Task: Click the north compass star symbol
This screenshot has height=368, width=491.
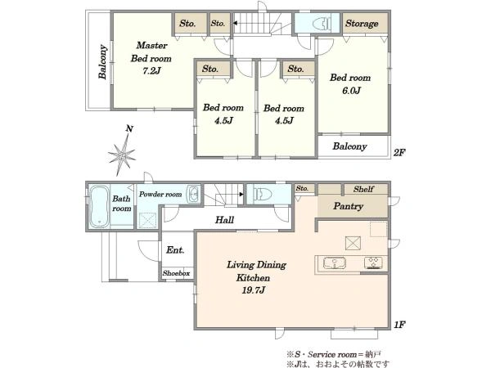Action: pyautogui.click(x=122, y=155)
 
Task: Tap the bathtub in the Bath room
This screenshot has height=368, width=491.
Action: pyautogui.click(x=99, y=207)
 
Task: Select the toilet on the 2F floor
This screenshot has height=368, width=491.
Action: pyautogui.click(x=322, y=23)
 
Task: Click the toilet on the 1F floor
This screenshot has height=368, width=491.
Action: pyautogui.click(x=263, y=194)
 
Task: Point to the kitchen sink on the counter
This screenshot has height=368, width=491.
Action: pyautogui.click(x=335, y=263)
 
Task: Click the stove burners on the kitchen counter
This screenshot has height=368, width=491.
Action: pyautogui.click(x=373, y=263)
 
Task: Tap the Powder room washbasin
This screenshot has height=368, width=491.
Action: pyautogui.click(x=193, y=195)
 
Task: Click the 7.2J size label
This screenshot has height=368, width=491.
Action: pyautogui.click(x=151, y=70)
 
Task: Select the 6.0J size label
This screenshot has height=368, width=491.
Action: pyautogui.click(x=351, y=91)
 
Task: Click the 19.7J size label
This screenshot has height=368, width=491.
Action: pyautogui.click(x=254, y=290)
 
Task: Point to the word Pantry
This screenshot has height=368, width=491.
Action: pyautogui.click(x=349, y=206)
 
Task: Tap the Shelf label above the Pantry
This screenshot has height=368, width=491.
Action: pyautogui.click(x=363, y=189)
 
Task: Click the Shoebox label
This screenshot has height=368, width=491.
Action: pyautogui.click(x=176, y=273)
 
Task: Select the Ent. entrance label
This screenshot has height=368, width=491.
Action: pyautogui.click(x=175, y=249)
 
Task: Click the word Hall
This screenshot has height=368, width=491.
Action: pyautogui.click(x=224, y=220)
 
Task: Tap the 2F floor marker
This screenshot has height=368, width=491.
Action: pyautogui.click(x=399, y=153)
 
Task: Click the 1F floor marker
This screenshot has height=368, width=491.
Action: pyautogui.click(x=399, y=325)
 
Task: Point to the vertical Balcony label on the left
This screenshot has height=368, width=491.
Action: pyautogui.click(x=103, y=61)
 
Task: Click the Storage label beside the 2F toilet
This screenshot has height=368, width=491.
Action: pyautogui.click(x=362, y=24)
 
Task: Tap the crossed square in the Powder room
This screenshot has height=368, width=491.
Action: pyautogui.click(x=147, y=220)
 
